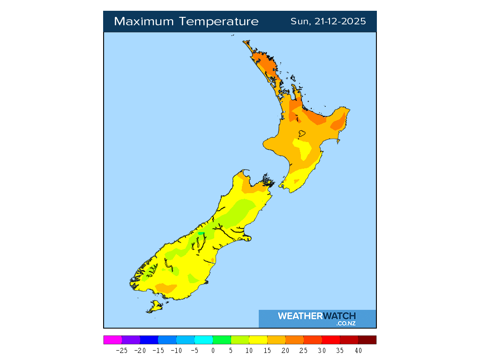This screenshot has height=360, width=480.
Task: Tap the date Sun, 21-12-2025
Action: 328,22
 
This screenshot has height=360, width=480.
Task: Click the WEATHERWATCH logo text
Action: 317,316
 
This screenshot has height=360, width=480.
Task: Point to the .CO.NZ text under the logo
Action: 346,323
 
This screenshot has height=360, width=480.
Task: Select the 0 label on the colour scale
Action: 213,350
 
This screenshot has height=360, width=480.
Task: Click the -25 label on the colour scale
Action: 121,350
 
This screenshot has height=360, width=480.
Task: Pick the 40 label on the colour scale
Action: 358,350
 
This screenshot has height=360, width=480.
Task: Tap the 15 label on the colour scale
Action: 267,350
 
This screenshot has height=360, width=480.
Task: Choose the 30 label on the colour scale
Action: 322,350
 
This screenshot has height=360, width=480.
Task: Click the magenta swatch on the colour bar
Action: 112,340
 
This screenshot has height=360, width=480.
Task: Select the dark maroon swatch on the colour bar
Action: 367,340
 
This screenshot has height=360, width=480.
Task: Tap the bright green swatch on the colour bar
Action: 222,340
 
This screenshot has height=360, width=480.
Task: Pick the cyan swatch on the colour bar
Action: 203,340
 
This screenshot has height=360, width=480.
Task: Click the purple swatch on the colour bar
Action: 131,340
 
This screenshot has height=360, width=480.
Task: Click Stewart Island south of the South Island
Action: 155,307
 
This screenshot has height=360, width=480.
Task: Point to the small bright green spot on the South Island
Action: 201,233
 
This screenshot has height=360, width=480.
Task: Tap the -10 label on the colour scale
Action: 176,350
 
